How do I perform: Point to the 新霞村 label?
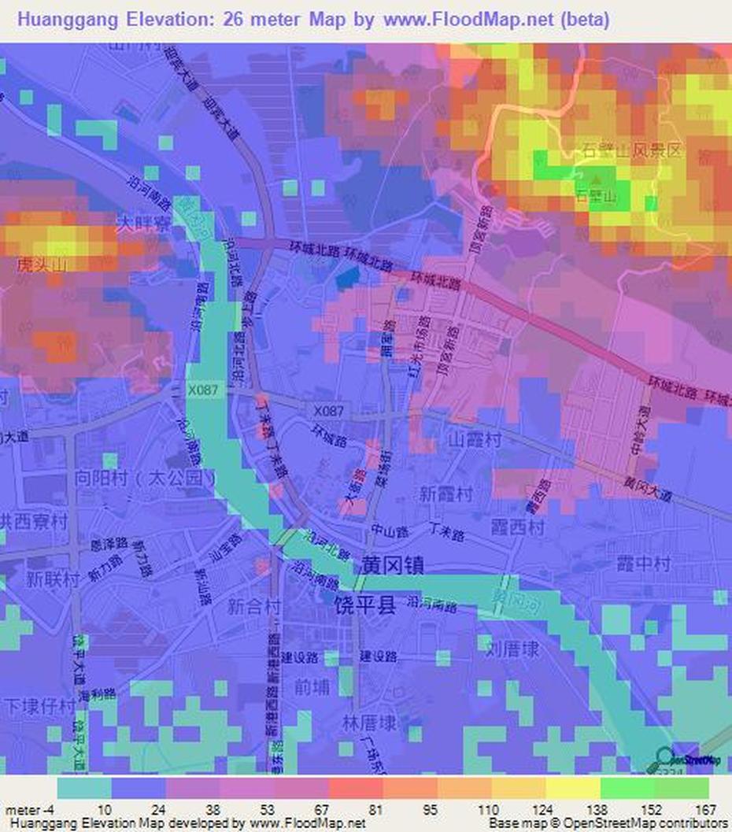pos(446,494)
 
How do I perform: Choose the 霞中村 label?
pos(643,564)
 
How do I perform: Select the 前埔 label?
pos(308,685)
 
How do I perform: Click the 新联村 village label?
pos(53,579)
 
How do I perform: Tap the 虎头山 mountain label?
pos(39,266)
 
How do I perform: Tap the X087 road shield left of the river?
pos(207,389)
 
